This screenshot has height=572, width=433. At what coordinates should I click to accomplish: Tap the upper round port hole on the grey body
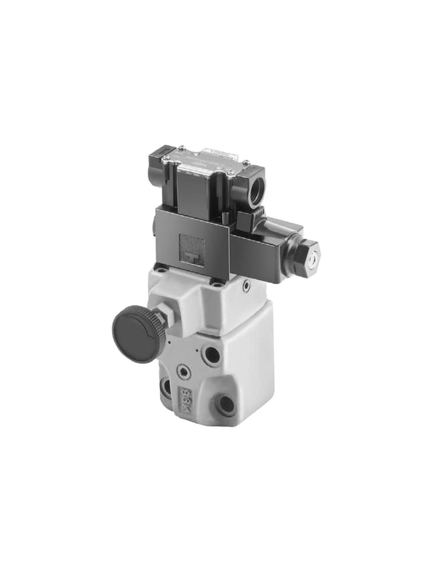212,355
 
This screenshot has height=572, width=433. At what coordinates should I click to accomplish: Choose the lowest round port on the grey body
226,404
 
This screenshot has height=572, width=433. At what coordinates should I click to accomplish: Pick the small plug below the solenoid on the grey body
246,286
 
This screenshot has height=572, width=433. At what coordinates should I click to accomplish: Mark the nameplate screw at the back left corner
181,148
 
